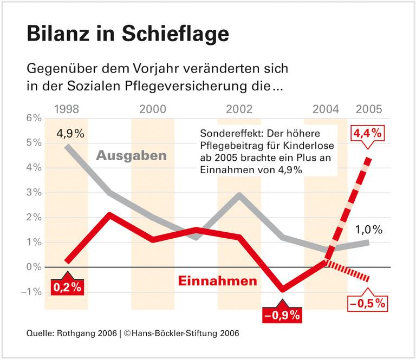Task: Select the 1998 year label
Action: pyautogui.click(x=67, y=109)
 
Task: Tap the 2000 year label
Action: pyautogui.click(x=152, y=109)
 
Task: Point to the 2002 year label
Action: pyautogui.click(x=239, y=109)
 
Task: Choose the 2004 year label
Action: pyautogui.click(x=326, y=109)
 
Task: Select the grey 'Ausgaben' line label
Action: pyautogui.click(x=131, y=156)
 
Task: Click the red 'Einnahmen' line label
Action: pyautogui.click(x=217, y=282)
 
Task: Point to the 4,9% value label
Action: pyautogui.click(x=70, y=134)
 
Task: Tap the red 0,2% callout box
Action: pyautogui.click(x=67, y=287)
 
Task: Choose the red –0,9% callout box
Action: pyautogui.click(x=282, y=313)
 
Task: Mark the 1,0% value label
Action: pyautogui.click(x=369, y=229)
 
